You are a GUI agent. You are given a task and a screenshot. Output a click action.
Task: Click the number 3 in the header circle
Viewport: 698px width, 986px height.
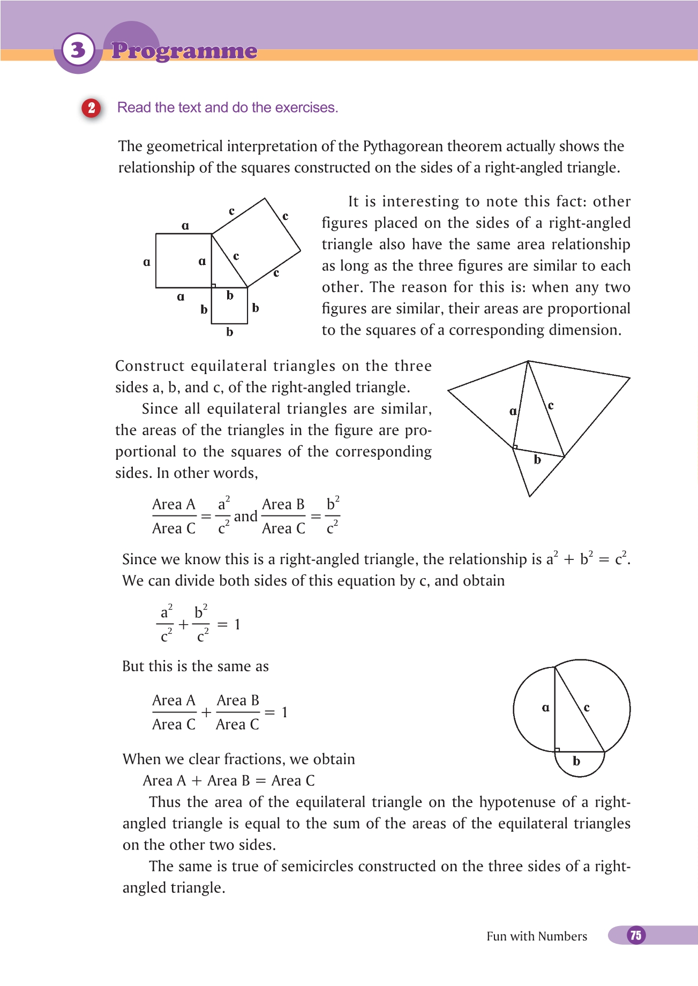click(78, 50)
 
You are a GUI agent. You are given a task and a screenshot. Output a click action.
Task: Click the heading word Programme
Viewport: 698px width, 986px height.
click(184, 51)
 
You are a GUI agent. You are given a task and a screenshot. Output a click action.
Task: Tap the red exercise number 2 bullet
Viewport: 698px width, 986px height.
click(92, 108)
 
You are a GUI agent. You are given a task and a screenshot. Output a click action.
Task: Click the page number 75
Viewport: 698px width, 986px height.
click(636, 935)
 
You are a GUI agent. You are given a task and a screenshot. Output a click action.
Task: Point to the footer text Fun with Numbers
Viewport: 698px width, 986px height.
click(536, 936)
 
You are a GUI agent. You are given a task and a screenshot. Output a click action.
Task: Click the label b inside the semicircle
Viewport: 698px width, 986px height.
click(576, 761)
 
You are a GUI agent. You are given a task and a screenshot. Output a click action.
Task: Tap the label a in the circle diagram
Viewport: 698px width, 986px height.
click(545, 708)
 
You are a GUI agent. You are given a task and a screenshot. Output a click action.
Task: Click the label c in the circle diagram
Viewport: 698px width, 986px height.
click(587, 708)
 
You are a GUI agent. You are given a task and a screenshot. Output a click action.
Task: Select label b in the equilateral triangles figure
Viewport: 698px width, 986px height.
click(537, 460)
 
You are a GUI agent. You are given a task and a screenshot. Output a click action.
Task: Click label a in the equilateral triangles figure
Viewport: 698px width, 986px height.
click(513, 411)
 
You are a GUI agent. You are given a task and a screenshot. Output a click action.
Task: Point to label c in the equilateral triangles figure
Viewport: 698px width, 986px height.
click(551, 406)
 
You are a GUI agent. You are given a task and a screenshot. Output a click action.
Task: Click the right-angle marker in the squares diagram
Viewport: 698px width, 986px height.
click(214, 285)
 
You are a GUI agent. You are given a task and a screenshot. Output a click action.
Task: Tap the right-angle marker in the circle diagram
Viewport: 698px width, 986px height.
click(557, 749)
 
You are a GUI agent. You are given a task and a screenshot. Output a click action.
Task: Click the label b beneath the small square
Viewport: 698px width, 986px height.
click(229, 332)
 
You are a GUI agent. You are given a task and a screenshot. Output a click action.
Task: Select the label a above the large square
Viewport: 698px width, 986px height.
click(185, 225)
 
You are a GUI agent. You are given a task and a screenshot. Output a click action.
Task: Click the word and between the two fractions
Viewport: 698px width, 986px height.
click(245, 517)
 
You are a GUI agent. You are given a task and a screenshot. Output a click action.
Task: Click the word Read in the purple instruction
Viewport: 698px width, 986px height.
click(133, 108)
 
